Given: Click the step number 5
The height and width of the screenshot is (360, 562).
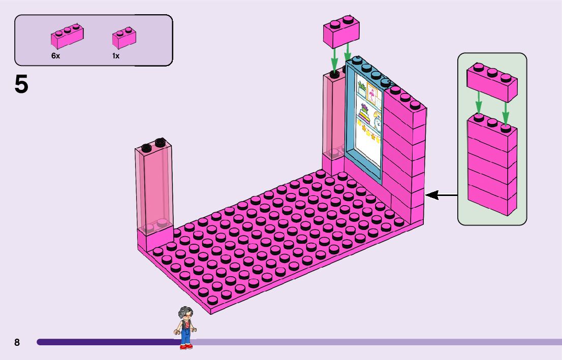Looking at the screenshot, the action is pos(21,84).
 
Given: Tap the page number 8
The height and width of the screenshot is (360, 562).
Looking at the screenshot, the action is pos(17,343).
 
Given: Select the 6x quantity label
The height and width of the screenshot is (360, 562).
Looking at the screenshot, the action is pos(55,56).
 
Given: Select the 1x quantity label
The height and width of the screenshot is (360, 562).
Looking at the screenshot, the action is pos(116,56).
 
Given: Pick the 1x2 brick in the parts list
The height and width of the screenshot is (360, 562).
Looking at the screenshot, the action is pos(124,38).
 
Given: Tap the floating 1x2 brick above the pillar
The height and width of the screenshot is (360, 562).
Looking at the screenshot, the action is pos(341,32).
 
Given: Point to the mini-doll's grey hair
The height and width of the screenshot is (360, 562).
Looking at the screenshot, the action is pos(184,311).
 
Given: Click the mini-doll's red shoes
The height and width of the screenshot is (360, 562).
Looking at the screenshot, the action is pos(186,346).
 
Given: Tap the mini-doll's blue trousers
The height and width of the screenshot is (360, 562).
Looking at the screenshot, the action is pos(186,336).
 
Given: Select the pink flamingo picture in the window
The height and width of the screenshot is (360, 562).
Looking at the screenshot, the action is pos(373,95).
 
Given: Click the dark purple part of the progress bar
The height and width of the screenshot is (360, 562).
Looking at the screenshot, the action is pos(107,342).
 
